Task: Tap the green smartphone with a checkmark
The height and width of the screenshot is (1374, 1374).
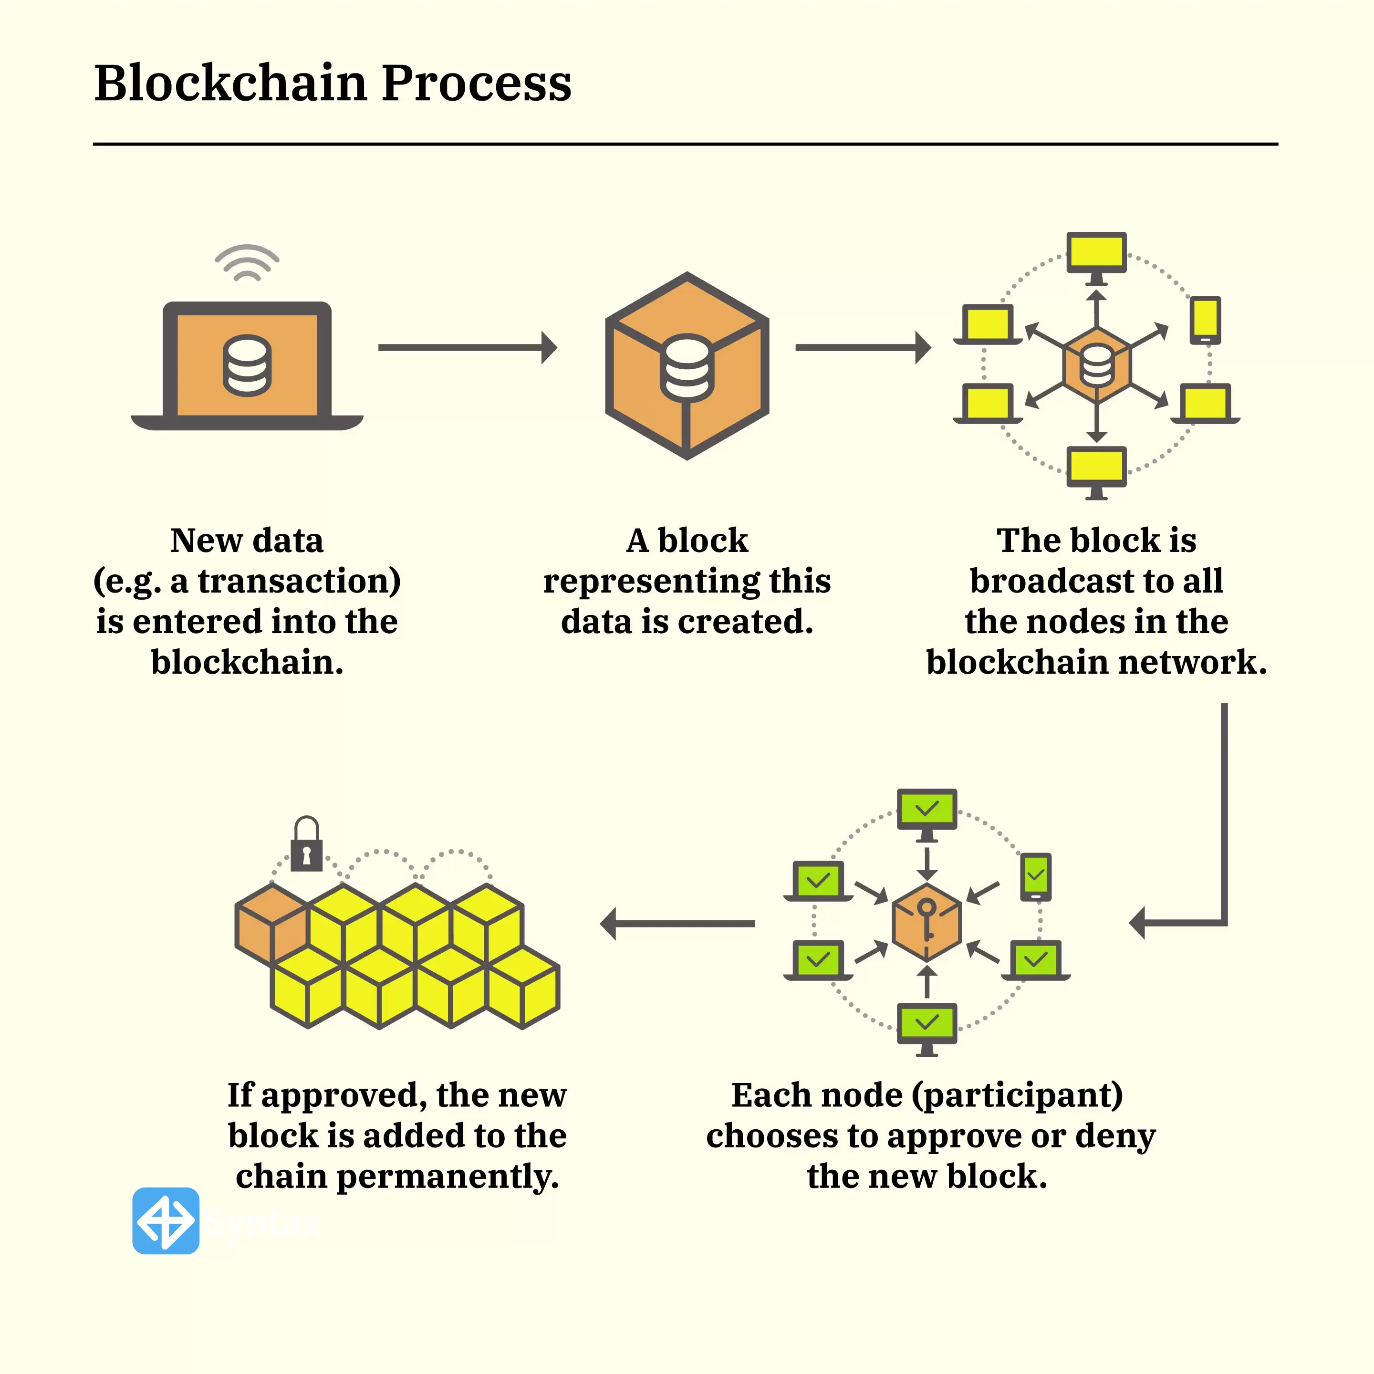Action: click(1035, 876)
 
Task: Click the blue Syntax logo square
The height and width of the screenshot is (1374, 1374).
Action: click(166, 1221)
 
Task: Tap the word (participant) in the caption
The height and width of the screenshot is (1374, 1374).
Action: click(1018, 1096)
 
